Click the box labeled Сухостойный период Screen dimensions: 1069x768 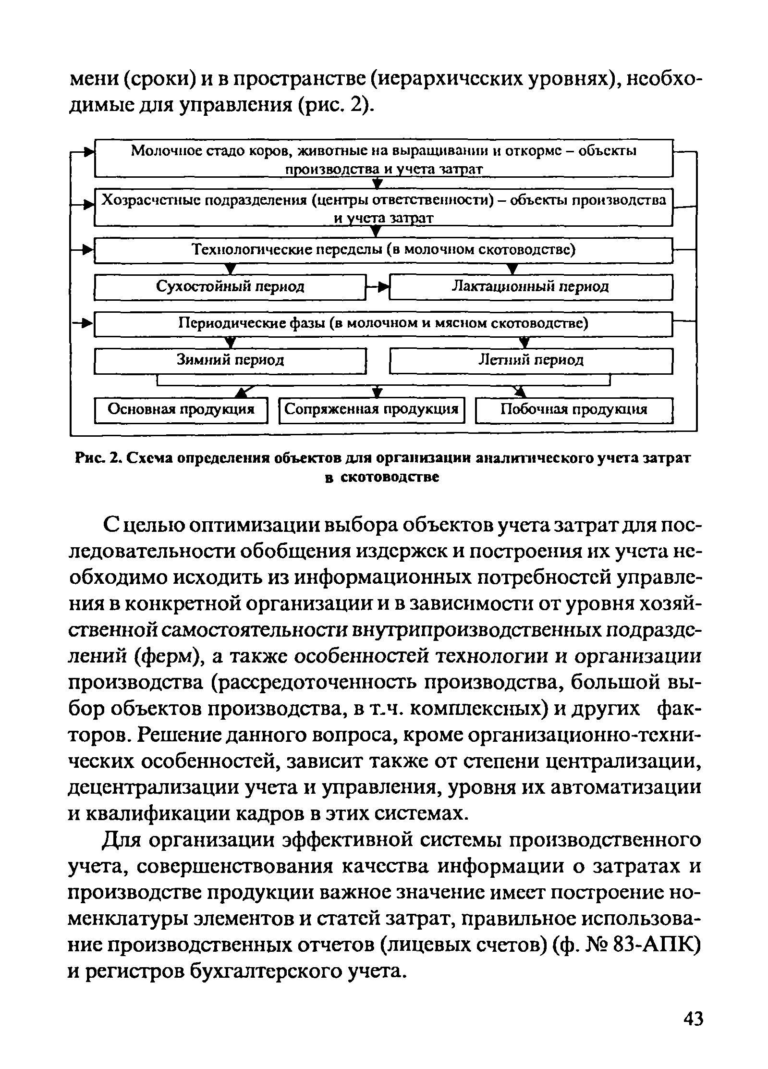230,287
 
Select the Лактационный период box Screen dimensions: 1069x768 530,287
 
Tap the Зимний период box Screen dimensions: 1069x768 230,360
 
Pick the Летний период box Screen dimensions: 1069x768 530,360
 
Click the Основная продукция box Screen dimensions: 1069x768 181,410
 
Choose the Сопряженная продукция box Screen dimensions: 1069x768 372,410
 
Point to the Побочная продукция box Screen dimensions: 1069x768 573,410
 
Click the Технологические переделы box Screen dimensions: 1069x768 383,250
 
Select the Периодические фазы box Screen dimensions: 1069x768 383,323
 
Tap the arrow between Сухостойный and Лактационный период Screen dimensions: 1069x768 378,287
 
